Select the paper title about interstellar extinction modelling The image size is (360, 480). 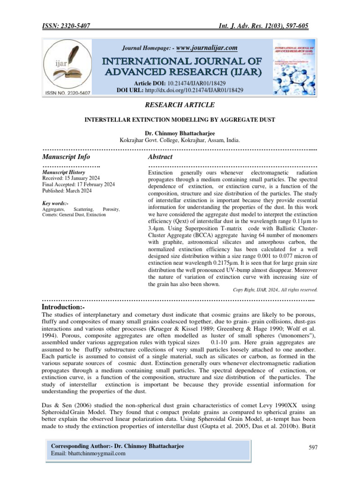[180, 120]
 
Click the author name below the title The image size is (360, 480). [180, 134]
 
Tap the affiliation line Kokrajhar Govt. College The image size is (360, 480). [180, 140]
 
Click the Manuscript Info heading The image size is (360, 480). [66, 157]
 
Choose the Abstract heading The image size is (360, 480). [160, 157]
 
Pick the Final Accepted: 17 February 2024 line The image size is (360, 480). [78, 185]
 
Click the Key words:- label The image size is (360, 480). [55, 203]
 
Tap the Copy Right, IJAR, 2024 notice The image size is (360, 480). [275, 289]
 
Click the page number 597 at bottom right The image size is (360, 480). [313, 448]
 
